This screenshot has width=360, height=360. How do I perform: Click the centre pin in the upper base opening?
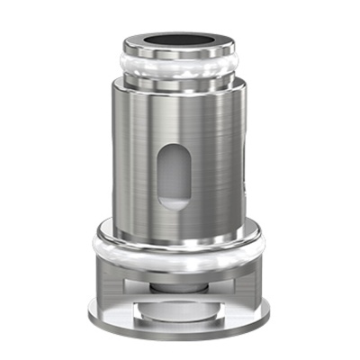coord(180,285)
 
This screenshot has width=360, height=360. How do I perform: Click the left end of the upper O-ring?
coord(120,65)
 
